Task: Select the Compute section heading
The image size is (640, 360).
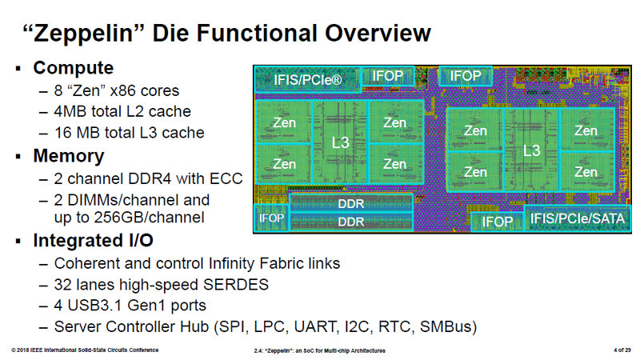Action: click(x=73, y=68)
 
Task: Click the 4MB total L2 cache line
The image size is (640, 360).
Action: click(x=122, y=111)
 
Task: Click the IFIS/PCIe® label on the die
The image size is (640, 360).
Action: click(x=308, y=80)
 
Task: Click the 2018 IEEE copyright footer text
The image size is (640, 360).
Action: click(x=85, y=350)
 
